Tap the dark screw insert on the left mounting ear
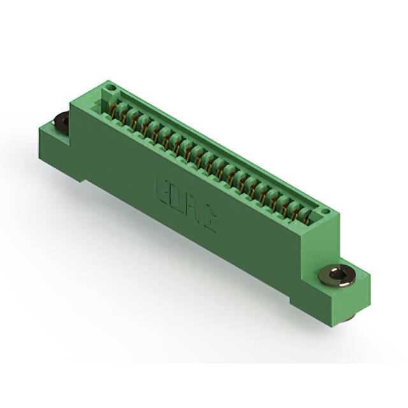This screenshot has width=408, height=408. [62, 121]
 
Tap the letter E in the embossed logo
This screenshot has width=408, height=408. [161, 190]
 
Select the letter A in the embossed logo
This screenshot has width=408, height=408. [193, 210]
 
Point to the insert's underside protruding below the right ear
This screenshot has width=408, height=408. [350, 317]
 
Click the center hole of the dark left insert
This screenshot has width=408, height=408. [62, 120]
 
